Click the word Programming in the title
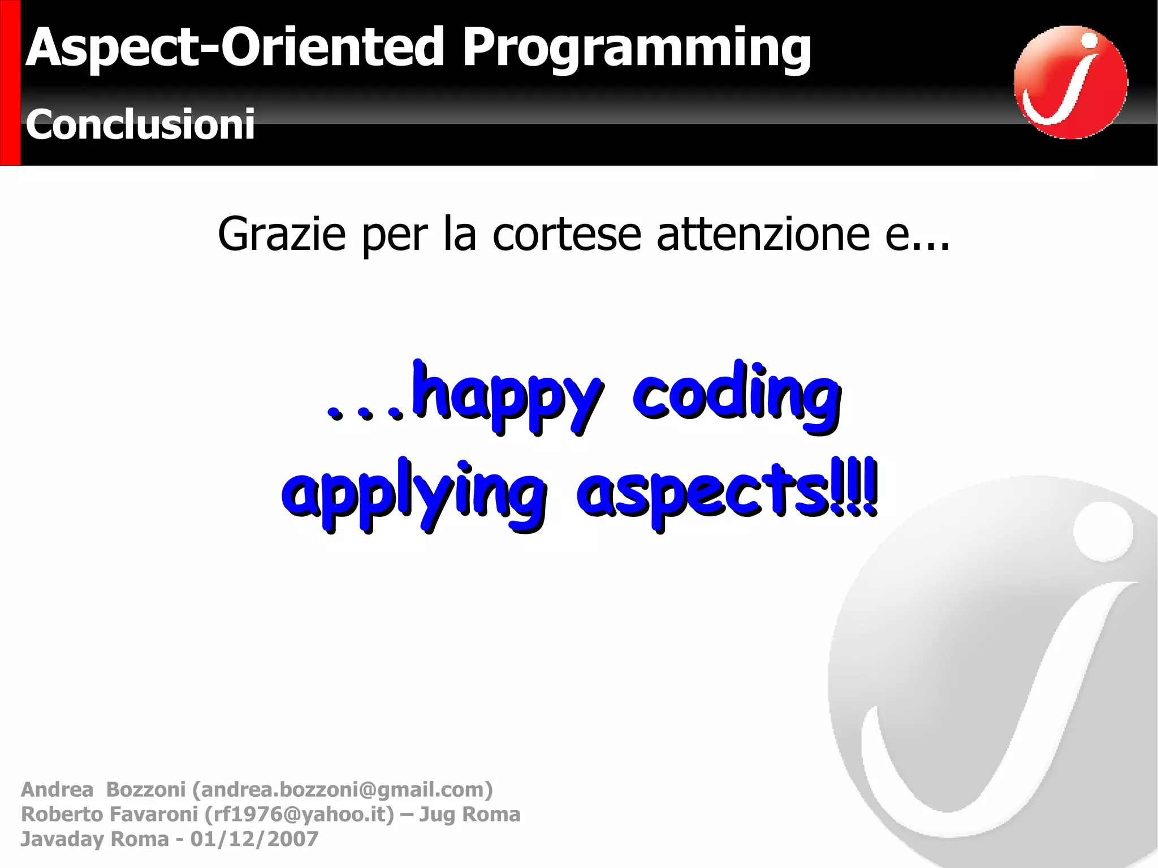636,50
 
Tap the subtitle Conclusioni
140,124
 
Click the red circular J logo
1070,83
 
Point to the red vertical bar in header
10,83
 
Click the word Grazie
282,235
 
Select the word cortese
567,235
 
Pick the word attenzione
763,235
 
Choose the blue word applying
414,495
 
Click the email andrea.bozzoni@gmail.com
343,789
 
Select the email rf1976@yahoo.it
299,814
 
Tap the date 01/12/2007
254,839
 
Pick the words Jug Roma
469,814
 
